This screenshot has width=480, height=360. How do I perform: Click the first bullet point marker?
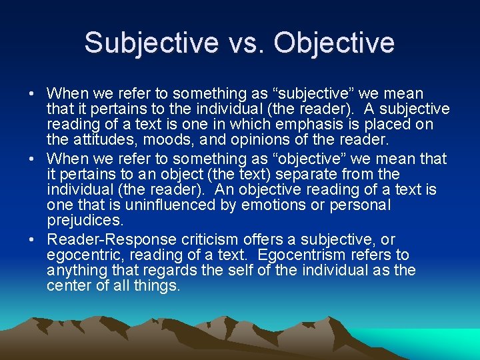tap(33, 94)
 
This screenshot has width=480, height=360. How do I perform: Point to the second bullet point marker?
tap(33, 159)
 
